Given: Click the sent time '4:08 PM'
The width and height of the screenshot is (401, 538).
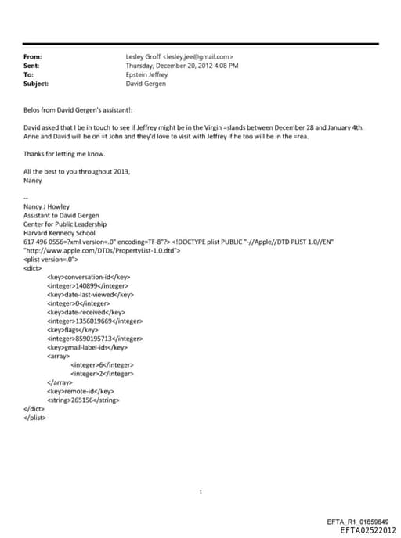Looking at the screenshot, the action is coord(226,66).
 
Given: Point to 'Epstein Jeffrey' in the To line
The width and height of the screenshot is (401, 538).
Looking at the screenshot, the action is coord(146,74).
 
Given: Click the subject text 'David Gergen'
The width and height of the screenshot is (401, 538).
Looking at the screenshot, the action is coord(146,83).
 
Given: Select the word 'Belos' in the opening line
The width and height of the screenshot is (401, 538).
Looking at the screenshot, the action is coord(31,110).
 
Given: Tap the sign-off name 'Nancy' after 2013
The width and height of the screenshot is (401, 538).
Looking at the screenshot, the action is coord(34,179).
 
